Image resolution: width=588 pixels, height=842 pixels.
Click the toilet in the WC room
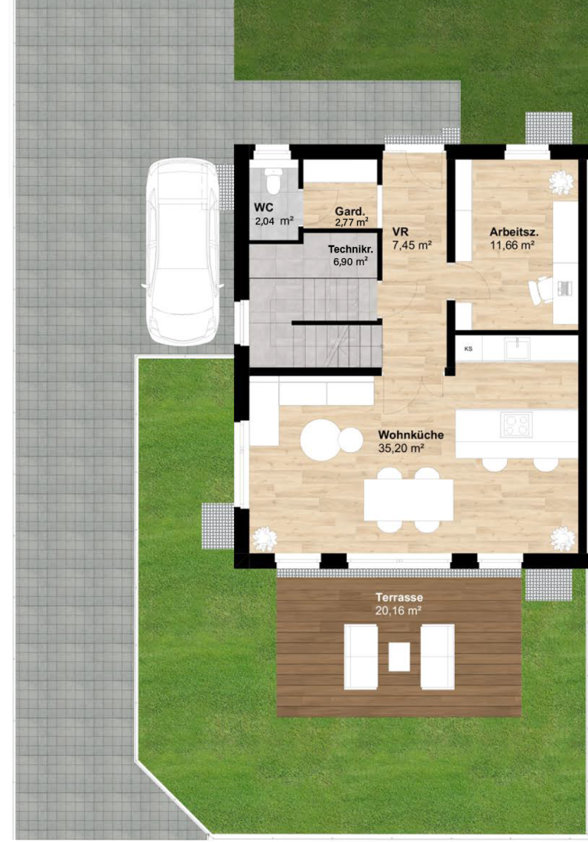[x=273, y=181]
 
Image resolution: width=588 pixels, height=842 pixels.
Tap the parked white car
[x=182, y=252]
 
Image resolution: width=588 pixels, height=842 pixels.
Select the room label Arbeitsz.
[x=514, y=232]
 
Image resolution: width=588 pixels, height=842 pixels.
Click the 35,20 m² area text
[x=401, y=448]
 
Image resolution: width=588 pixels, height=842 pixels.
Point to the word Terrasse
[x=399, y=597]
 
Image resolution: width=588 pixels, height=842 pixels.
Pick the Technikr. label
[x=351, y=249]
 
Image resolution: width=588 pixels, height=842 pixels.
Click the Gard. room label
[x=349, y=211]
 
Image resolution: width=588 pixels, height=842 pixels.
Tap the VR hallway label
[x=401, y=232]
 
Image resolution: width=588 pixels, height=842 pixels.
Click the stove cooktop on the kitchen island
[x=516, y=425]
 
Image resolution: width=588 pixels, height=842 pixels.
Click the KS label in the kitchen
[x=468, y=348]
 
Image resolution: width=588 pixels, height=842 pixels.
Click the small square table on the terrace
[x=399, y=656]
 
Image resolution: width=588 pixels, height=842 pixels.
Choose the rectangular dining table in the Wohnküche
[x=409, y=500]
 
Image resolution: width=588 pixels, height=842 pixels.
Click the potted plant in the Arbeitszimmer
[x=561, y=182]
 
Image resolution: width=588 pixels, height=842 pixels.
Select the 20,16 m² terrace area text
[x=398, y=610]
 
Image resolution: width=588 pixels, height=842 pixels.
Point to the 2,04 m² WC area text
[x=275, y=220]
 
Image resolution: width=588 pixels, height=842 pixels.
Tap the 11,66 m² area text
[x=512, y=246]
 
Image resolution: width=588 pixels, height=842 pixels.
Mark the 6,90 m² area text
[x=350, y=261]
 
